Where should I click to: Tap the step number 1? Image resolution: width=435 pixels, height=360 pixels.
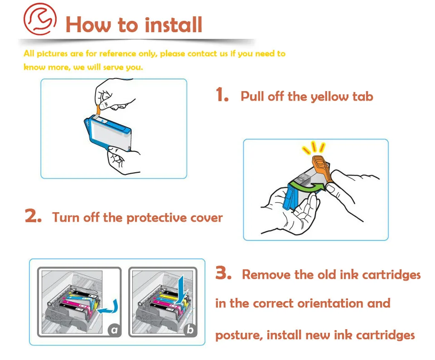pyautogui.click(x=222, y=95)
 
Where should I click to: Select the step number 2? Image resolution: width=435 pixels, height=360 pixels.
pyautogui.click(x=33, y=216)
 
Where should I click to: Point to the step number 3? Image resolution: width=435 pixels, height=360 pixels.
pyautogui.click(x=223, y=274)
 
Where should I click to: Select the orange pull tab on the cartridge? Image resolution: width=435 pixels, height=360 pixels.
pyautogui.click(x=99, y=108)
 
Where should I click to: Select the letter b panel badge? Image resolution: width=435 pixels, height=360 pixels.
pyautogui.click(x=190, y=330)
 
